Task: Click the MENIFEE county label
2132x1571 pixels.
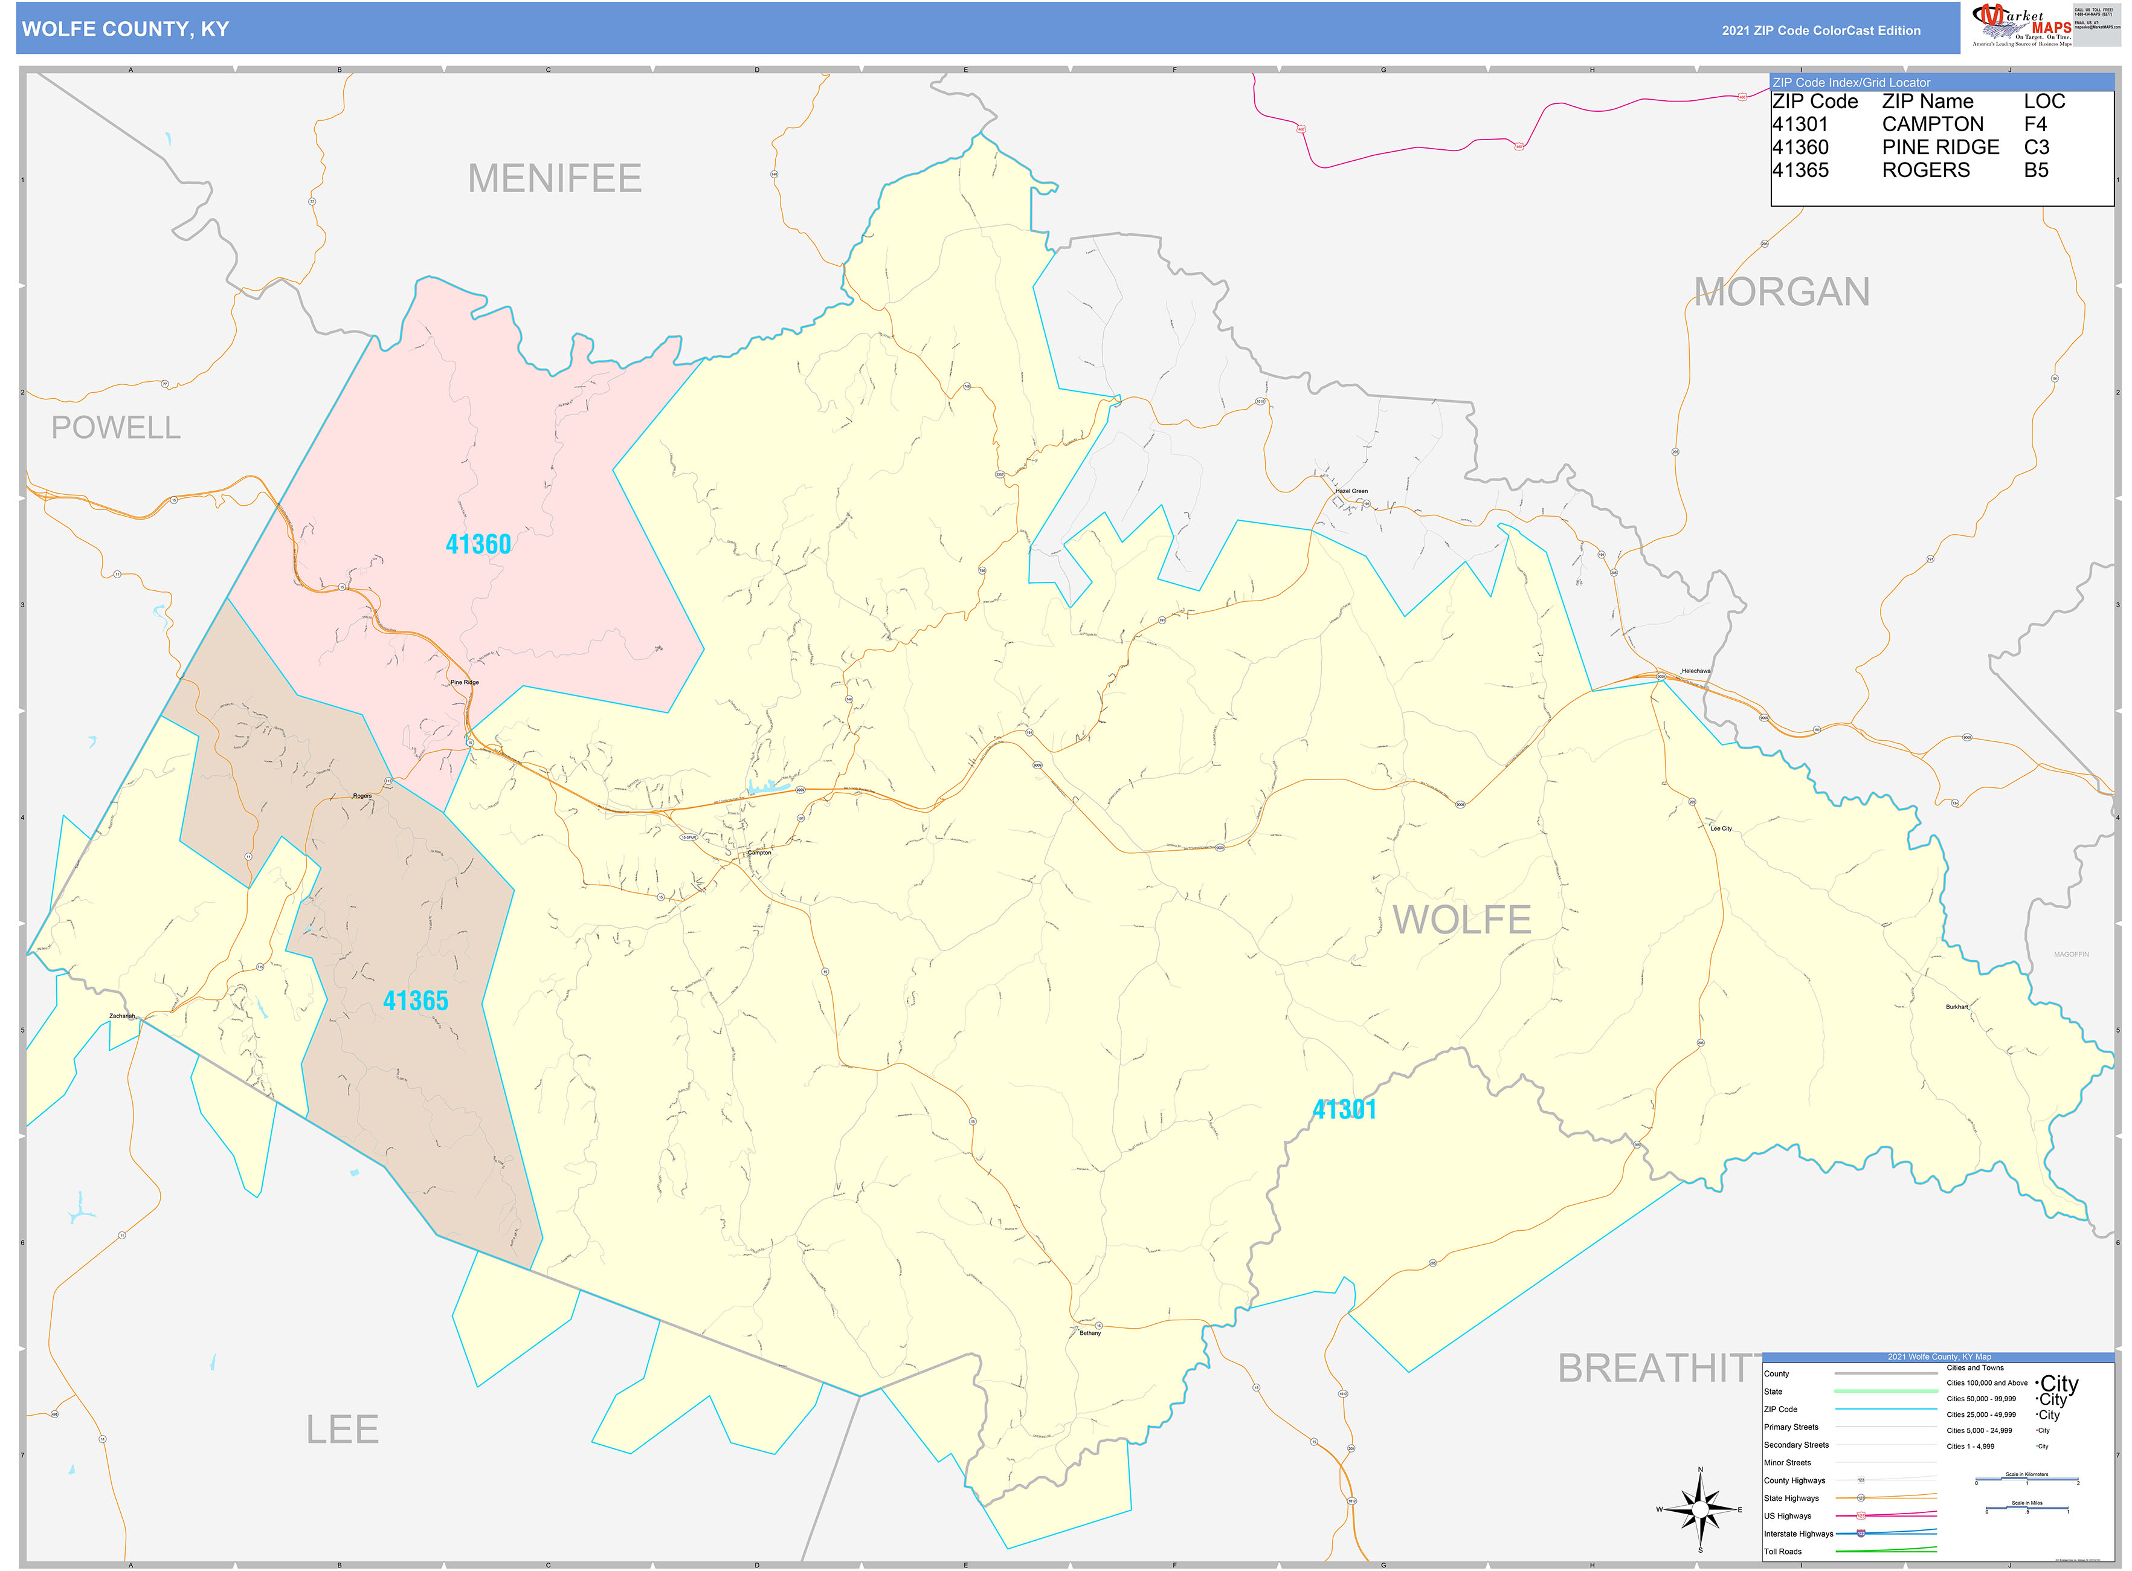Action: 555,179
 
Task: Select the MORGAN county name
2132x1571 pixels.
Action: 1781,292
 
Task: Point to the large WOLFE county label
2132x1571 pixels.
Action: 1461,920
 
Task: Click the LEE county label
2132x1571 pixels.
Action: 343,1429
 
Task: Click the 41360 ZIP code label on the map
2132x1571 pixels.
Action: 478,545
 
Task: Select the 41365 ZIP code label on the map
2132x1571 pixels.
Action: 416,1001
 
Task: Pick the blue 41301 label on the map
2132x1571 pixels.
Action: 1344,1109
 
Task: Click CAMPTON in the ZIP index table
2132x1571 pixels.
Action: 1932,124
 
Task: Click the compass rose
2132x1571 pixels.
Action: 1700,1509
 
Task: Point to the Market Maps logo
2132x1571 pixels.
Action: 2021,25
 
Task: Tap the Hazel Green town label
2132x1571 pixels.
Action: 1351,491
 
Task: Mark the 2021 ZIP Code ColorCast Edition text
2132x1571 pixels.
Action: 1820,30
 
